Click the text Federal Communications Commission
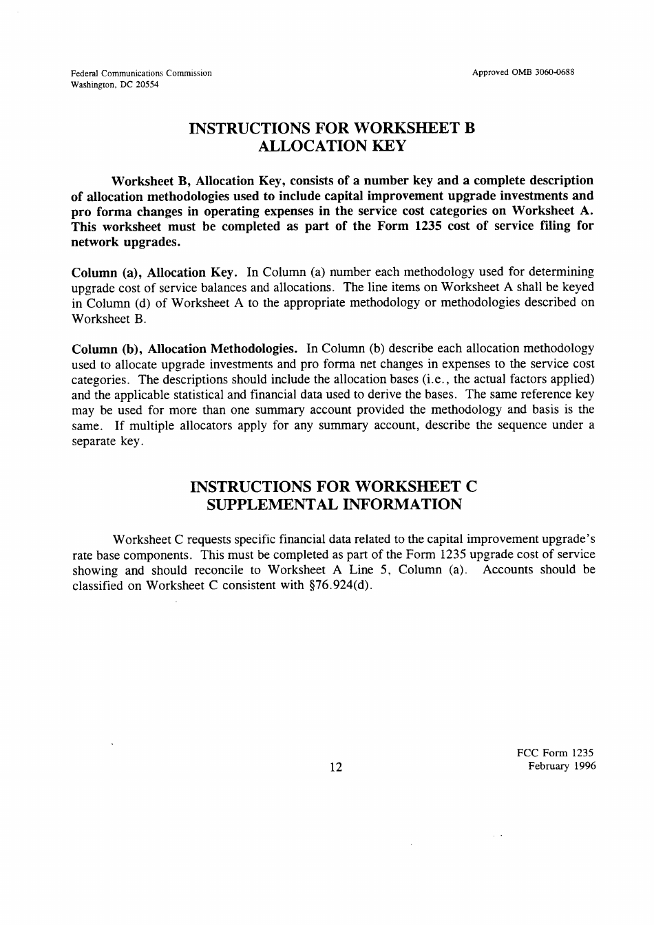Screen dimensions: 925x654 tap(142, 73)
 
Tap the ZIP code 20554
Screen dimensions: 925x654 tap(146, 85)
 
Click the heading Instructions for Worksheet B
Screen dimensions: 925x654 tap(333, 128)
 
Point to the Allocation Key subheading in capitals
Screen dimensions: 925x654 tap(332, 146)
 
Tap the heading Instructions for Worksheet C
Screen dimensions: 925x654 tap(333, 487)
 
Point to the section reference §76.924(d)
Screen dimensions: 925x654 tap(340, 586)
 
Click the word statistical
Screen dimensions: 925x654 tap(194, 394)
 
